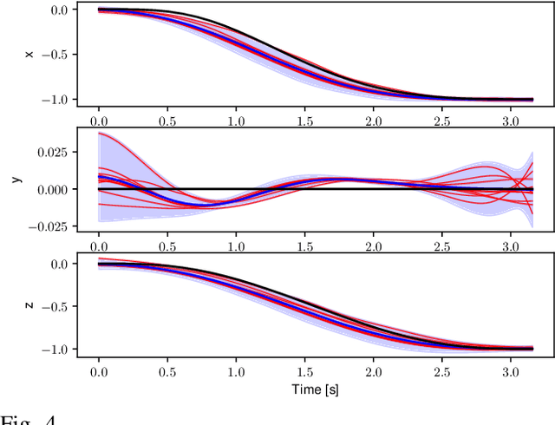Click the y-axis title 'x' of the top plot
point(29,55)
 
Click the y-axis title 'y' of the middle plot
point(15,179)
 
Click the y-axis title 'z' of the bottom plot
point(29,305)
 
